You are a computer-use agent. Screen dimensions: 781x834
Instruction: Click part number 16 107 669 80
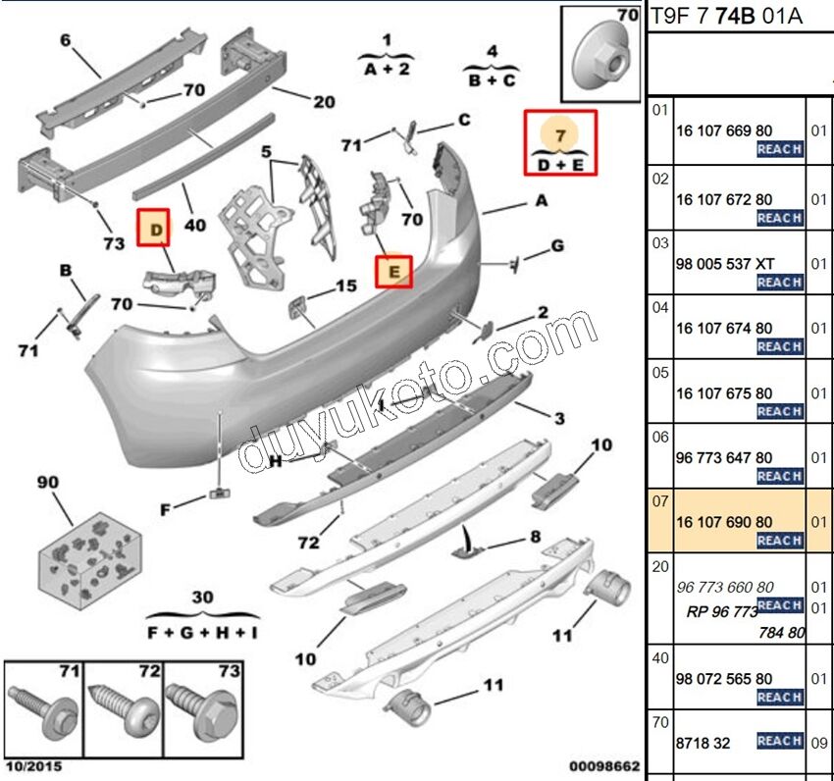click(x=723, y=130)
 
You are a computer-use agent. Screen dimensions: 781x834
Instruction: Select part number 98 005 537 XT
click(x=725, y=264)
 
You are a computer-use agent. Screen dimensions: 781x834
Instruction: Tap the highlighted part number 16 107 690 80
click(x=723, y=523)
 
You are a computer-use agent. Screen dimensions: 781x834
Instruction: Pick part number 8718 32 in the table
click(x=703, y=743)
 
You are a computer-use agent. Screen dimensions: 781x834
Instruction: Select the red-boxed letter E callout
click(x=394, y=270)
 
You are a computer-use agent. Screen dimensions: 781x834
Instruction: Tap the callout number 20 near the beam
click(x=324, y=101)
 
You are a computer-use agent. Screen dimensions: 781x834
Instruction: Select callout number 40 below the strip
click(x=195, y=225)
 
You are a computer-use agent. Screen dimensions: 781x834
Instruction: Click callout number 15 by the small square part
click(x=346, y=286)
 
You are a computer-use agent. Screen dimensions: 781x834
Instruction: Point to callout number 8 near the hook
click(x=535, y=537)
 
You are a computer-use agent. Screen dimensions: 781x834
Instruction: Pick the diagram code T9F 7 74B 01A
click(x=726, y=15)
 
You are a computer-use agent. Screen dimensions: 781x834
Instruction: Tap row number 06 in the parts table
click(x=660, y=437)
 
